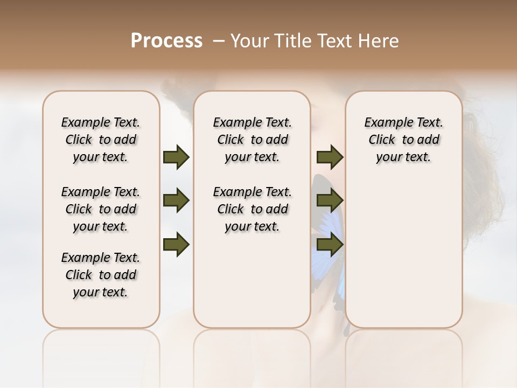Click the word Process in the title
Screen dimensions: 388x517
point(166,41)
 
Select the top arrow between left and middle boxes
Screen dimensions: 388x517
point(176,157)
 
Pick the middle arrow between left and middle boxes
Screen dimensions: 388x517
point(176,201)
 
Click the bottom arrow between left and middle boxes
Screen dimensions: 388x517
point(176,245)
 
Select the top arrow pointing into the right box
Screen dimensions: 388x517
point(330,157)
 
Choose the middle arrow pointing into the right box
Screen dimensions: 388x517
point(330,201)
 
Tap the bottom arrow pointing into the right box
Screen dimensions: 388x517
point(330,245)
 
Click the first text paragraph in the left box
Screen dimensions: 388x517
point(101,140)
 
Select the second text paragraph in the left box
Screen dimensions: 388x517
point(101,209)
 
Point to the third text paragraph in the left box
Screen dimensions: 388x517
point(101,275)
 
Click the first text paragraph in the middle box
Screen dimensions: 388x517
point(252,140)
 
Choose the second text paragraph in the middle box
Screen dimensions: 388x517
point(252,209)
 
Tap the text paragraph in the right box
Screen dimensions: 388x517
point(403,140)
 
